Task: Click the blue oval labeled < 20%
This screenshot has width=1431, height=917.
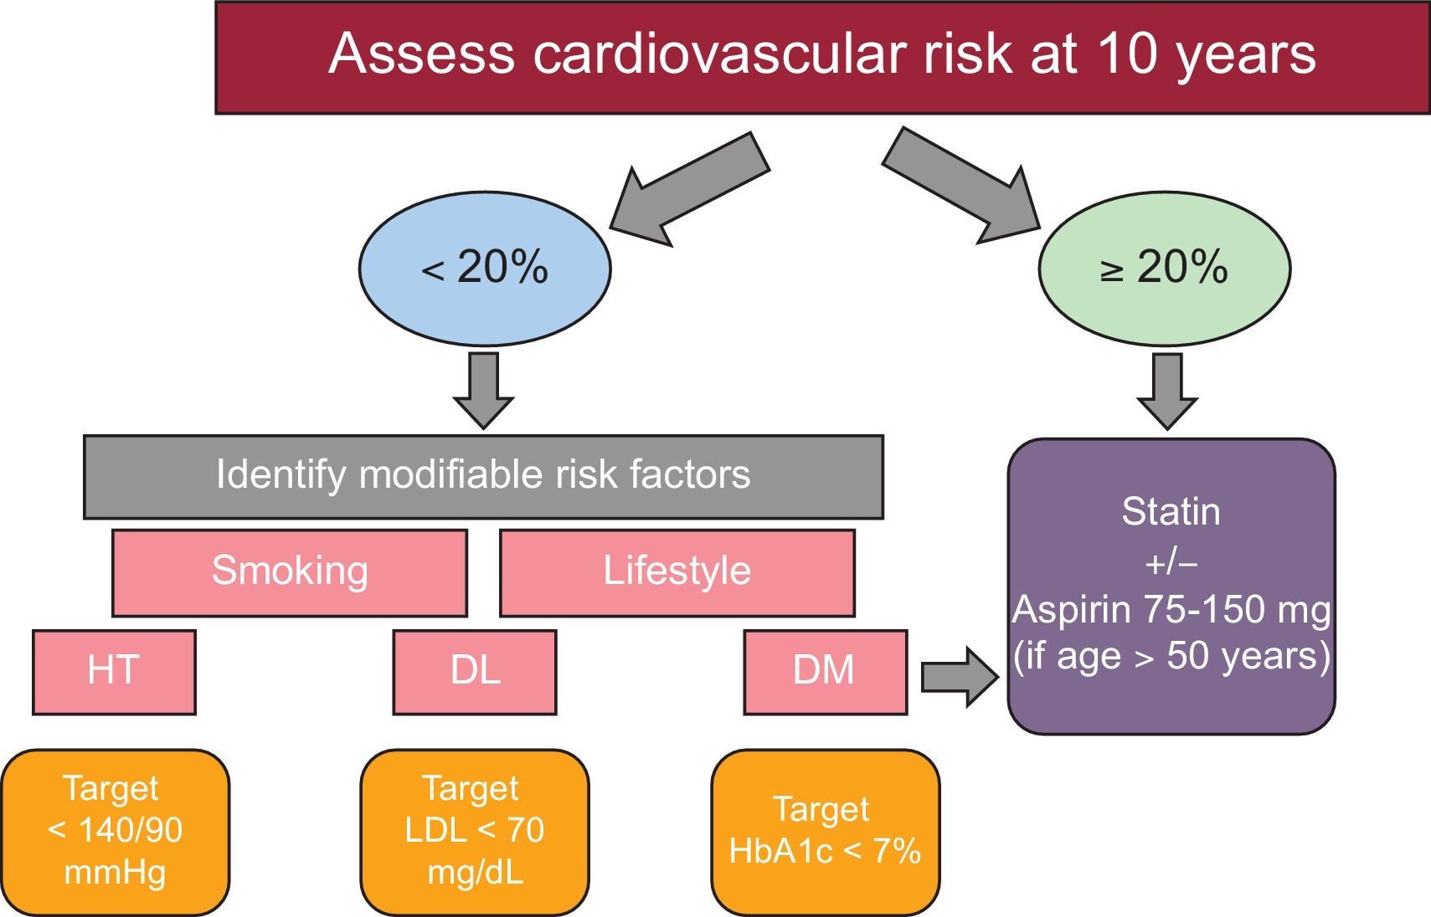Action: (x=485, y=269)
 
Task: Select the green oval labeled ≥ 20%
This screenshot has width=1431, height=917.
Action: (x=1164, y=269)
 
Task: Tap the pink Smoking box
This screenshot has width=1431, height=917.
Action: (x=290, y=572)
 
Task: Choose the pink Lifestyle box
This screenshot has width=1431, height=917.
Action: (x=677, y=572)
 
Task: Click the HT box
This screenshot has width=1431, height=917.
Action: (x=114, y=672)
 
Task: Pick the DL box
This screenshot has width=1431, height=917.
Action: (x=475, y=672)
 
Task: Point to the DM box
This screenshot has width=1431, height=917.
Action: (x=825, y=672)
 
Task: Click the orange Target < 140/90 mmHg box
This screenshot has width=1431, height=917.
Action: (x=115, y=832)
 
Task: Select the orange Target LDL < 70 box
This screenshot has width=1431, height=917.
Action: (x=475, y=832)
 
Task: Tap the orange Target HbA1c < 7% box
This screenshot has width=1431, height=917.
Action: (x=825, y=832)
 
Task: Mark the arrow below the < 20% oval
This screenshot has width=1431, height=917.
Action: (x=483, y=390)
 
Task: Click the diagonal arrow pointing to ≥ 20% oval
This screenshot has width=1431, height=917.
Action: (x=963, y=187)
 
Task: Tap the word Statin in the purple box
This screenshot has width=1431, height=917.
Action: (x=1171, y=512)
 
